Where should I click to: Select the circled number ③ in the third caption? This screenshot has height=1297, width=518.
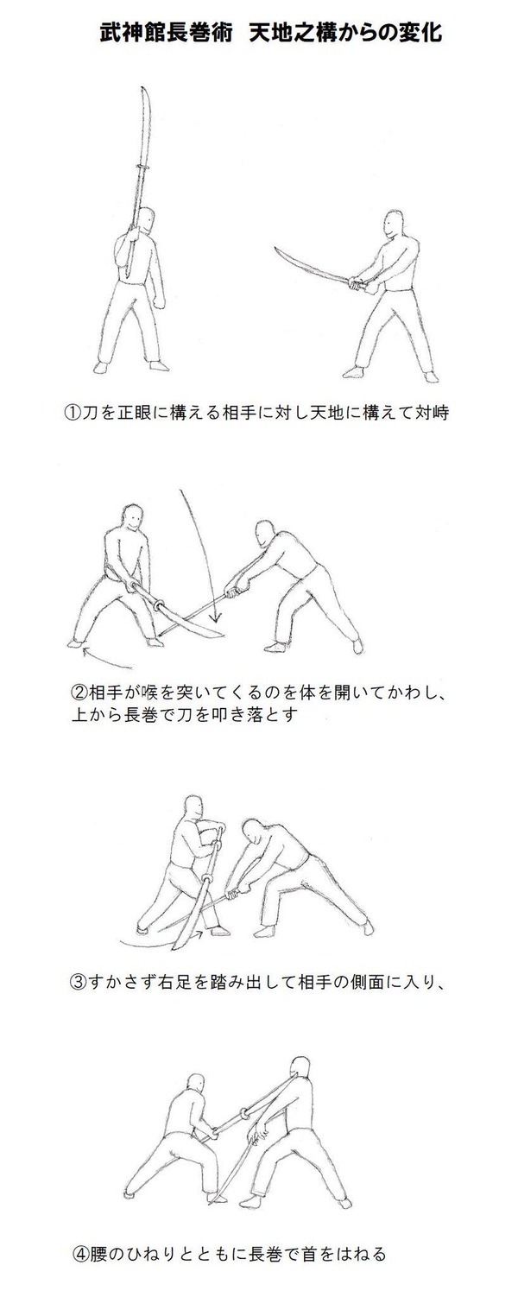coord(79,982)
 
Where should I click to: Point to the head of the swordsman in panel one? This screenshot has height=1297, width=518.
coord(395,225)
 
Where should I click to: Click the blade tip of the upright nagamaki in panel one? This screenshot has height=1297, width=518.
coord(143,87)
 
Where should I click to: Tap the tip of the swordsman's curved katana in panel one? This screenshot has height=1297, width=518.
coord(276,248)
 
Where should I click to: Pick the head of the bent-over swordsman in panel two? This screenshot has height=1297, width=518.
coord(266,534)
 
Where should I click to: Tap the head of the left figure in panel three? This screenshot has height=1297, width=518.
coord(193,809)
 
